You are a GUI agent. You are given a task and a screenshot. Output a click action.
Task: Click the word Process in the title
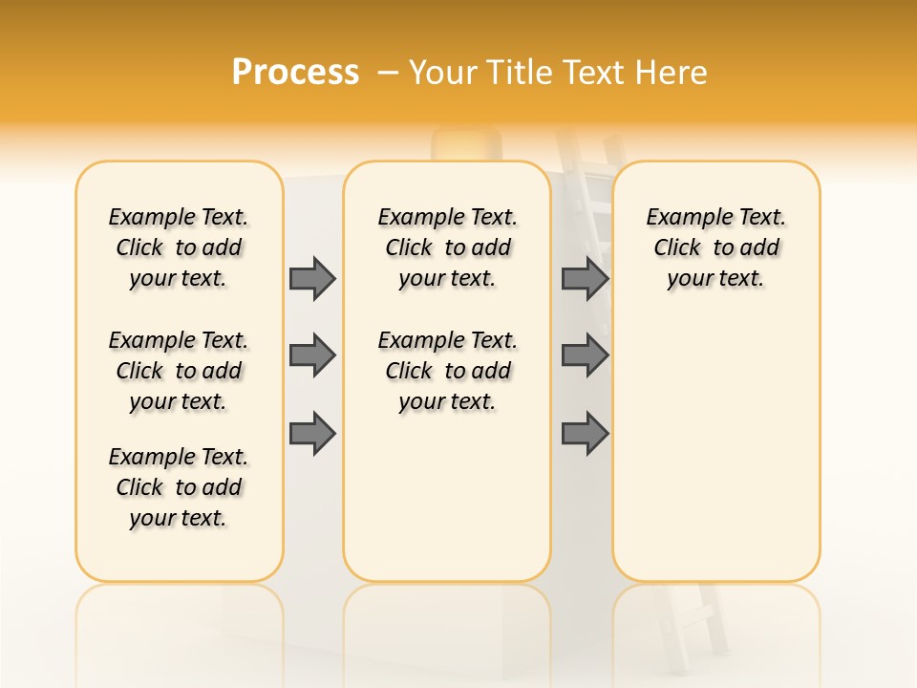pyautogui.click(x=295, y=72)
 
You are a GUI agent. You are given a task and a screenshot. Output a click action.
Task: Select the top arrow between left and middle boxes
pyautogui.click(x=312, y=278)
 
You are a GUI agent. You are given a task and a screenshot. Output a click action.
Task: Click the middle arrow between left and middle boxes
pyautogui.click(x=312, y=355)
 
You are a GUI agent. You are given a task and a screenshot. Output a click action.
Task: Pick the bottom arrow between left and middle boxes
pyautogui.click(x=312, y=433)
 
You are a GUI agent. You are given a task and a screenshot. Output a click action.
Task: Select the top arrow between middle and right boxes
pyautogui.click(x=585, y=278)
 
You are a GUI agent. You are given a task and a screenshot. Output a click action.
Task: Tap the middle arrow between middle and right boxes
pyautogui.click(x=585, y=355)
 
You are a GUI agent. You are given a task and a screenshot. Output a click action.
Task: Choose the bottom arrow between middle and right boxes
pyautogui.click(x=585, y=433)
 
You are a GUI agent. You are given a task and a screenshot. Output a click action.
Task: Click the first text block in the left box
pyautogui.click(x=179, y=247)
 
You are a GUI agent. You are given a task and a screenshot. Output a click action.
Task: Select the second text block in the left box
pyautogui.click(x=179, y=371)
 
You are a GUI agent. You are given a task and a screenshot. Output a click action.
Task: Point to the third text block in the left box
pyautogui.click(x=179, y=487)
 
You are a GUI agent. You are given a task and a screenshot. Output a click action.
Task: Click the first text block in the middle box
pyautogui.click(x=447, y=247)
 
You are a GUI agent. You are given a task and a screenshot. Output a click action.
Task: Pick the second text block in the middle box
pyautogui.click(x=447, y=371)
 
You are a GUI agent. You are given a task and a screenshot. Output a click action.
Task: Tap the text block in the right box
pyautogui.click(x=716, y=247)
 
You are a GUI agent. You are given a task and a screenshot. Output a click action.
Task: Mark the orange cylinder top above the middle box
pyautogui.click(x=465, y=145)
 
